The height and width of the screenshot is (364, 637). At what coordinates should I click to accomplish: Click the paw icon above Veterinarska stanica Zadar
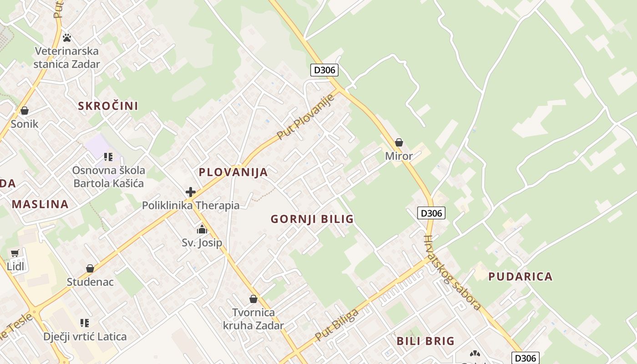pos(67,38)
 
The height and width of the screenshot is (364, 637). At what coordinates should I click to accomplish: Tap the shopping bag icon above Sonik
pos(25,111)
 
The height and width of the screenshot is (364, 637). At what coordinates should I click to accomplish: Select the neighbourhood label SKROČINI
pos(108,106)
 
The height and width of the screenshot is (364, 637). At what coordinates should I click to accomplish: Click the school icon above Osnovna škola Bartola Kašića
pos(108,157)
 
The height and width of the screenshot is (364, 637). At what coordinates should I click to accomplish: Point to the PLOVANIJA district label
pos(233,172)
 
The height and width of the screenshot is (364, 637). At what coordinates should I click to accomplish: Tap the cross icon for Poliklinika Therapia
pos(191,192)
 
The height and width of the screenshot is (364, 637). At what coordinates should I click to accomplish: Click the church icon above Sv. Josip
pos(202,229)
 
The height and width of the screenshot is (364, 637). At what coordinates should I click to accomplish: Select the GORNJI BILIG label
pos(312,219)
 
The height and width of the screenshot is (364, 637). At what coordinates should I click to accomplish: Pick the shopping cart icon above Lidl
pos(15,253)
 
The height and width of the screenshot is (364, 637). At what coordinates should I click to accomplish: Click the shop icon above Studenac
pos(90,268)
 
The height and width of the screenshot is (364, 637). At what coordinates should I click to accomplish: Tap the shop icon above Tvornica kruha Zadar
pos(253,299)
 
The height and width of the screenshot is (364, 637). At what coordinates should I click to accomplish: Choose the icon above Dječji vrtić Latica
pos(85,323)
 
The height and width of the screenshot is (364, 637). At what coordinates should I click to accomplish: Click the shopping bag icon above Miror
pos(399,142)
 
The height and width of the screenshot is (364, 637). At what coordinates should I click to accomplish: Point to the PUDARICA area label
pos(520,276)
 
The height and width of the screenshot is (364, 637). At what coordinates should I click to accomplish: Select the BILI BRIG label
pos(425,341)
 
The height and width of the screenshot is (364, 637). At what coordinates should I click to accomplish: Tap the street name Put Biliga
pos(337,324)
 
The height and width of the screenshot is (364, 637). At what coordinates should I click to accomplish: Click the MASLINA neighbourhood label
pos(40,204)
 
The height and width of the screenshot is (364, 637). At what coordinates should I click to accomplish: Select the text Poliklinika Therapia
pos(191,205)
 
